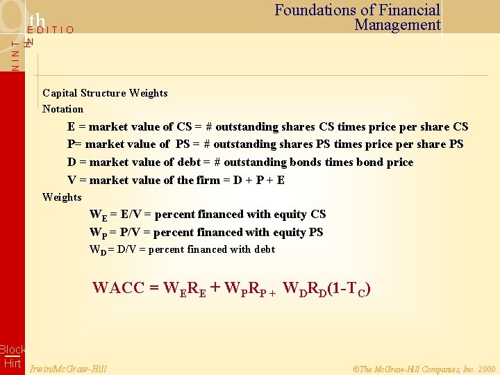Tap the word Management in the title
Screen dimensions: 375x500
(x=397, y=25)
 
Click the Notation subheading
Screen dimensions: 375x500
(x=62, y=109)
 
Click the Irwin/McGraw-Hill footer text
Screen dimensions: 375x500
(x=69, y=369)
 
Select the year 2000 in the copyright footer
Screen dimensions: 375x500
(x=487, y=369)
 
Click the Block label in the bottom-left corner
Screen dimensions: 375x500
(x=12, y=350)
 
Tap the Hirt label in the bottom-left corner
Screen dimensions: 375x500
(x=12, y=363)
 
